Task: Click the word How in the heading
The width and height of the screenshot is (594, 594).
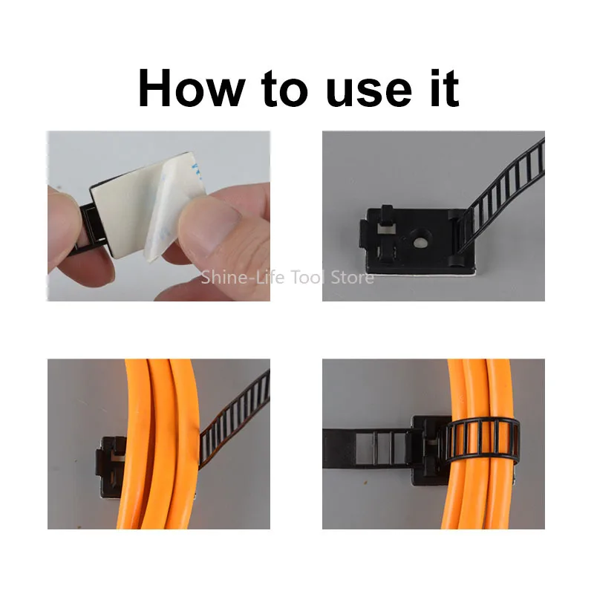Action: tap(192, 88)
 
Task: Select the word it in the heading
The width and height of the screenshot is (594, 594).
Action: tap(445, 88)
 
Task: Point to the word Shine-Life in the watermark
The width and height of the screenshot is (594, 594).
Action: tap(243, 277)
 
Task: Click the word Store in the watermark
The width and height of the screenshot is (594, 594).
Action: tap(352, 277)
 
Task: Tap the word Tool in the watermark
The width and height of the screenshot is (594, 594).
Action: tap(307, 277)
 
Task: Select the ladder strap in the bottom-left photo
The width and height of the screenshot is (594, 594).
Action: tap(234, 417)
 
